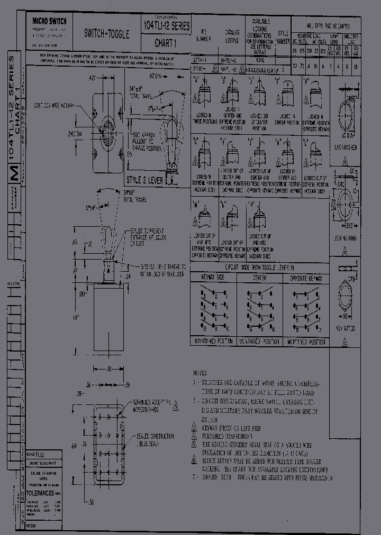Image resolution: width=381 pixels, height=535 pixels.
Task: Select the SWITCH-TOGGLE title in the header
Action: pyautogui.click(x=106, y=33)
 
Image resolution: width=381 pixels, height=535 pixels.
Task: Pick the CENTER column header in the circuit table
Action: pyautogui.click(x=259, y=278)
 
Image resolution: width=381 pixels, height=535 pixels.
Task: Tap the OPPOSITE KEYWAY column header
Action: pyautogui.click(x=306, y=278)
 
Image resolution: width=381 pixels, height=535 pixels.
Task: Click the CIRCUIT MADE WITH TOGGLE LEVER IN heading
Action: pyautogui.click(x=259, y=268)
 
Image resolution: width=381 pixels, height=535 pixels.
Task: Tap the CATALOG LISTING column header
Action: pyautogui.click(x=232, y=36)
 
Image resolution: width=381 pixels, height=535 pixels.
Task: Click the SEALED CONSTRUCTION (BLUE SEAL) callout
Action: pyautogui.click(x=155, y=439)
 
